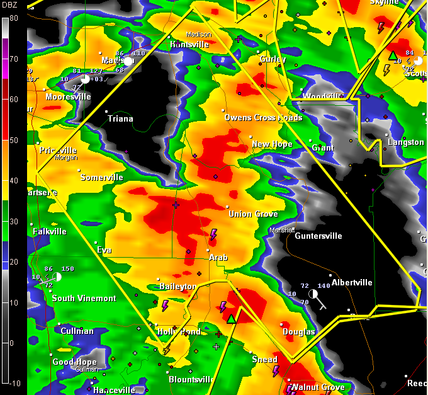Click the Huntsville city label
tap(189, 45)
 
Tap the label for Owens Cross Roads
tap(263, 118)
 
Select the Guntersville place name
tap(318, 236)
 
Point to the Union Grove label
tap(253, 214)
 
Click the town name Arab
tap(218, 258)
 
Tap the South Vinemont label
tap(84, 298)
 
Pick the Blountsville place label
tap(193, 379)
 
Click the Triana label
tap(120, 118)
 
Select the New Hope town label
tap(272, 144)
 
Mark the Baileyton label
tap(177, 287)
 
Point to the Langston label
tap(406, 142)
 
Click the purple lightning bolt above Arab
tap(213, 235)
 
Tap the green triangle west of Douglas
tap(232, 319)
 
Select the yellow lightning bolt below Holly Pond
tap(167, 350)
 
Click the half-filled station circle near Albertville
tap(313, 294)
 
